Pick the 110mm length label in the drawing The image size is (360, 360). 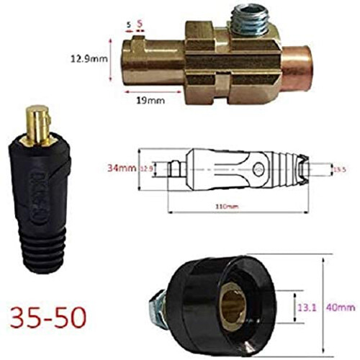click(229, 207)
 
